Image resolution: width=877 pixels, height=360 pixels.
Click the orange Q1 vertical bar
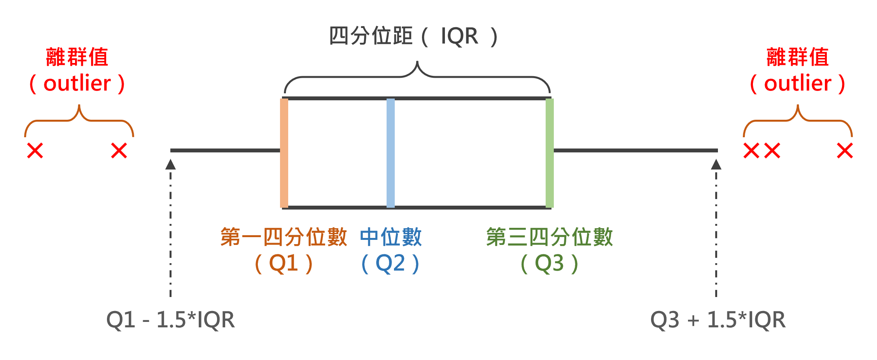pos(284,153)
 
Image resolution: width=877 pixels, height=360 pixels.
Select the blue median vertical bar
pos(390,153)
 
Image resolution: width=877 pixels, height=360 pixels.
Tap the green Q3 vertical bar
pos(550,153)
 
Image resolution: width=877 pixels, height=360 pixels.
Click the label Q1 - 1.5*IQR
pos(170,320)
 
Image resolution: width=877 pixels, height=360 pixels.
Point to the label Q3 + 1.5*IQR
pos(718,320)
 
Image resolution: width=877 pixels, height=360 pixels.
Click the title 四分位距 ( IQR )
pos(413,36)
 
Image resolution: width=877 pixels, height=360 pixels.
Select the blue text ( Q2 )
pos(390,264)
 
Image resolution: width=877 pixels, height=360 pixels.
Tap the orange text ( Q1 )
pos(284,264)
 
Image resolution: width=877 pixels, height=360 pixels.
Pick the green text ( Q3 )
pos(549,264)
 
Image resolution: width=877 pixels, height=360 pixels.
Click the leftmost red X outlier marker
pos(35,150)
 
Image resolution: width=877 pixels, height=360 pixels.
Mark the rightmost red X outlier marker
pos(845,150)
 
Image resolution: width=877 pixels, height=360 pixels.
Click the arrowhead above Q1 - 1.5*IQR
pos(170,165)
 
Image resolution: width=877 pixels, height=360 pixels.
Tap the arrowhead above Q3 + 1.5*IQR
pos(716,165)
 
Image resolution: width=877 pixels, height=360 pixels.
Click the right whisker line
pos(635,150)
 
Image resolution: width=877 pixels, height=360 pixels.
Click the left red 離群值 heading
pos(77,57)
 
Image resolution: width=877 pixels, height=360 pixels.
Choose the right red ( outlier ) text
pos(797,83)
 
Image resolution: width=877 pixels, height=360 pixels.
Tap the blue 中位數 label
pos(390,237)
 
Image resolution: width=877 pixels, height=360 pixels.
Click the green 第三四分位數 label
pos(549,237)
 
